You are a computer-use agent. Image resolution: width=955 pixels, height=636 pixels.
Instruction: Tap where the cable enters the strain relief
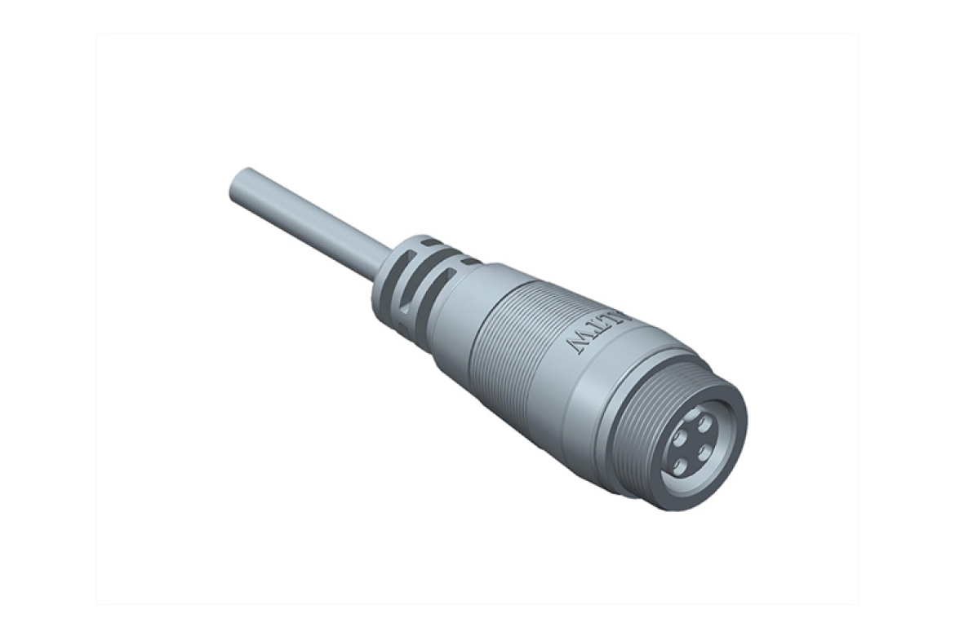pos(384,258)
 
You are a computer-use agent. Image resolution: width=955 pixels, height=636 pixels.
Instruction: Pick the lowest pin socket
pos(681,466)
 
